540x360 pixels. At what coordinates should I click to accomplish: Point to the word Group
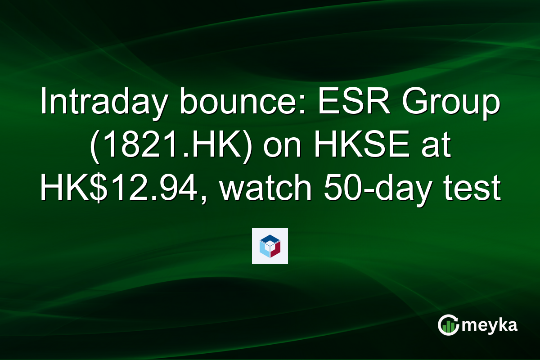[x=450, y=103]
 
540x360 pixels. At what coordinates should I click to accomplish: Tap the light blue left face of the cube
[x=264, y=249]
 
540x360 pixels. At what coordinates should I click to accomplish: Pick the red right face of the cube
[x=276, y=249]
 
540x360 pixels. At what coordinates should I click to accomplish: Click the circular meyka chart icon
[x=448, y=325]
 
